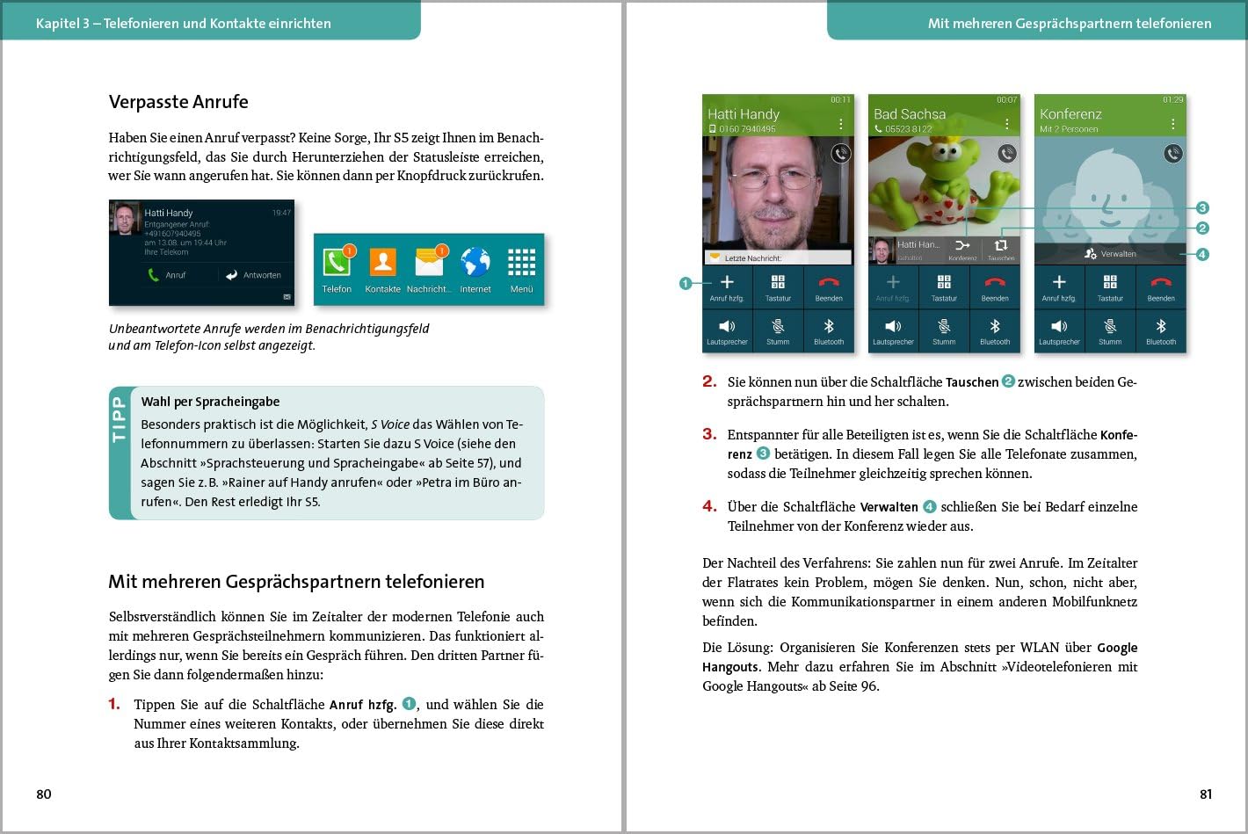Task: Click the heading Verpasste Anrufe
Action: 178,102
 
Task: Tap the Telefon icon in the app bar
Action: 337,263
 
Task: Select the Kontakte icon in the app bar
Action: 382,263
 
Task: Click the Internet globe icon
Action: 475,263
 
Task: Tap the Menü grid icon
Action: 521,263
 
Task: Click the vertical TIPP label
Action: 120,419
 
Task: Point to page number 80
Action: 44,794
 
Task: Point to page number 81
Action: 1206,794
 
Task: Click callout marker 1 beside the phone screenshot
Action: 686,283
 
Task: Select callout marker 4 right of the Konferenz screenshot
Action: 1202,255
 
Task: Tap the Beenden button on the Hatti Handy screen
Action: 829,286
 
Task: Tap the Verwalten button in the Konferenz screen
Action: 1110,254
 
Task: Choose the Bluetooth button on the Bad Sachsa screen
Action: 995,330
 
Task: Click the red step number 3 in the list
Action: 709,434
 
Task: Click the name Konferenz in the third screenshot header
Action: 1070,114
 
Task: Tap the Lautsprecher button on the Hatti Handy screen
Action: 727,330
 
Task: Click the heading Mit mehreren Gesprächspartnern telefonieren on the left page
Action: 296,582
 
